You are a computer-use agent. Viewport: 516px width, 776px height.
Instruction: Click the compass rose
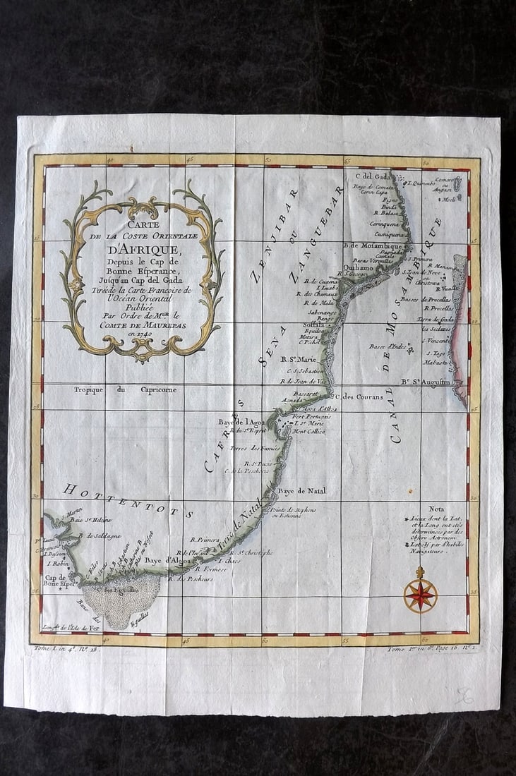(x=420, y=595)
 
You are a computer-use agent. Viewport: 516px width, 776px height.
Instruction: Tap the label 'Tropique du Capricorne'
(x=126, y=389)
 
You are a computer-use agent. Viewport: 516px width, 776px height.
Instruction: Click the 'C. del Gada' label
(x=372, y=176)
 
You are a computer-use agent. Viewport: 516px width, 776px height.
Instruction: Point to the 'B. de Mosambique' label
(x=372, y=245)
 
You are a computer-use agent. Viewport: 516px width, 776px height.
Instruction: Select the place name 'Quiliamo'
(x=359, y=267)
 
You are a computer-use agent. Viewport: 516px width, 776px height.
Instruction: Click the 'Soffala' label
(x=313, y=325)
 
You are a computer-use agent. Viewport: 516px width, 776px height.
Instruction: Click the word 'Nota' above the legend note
(x=438, y=509)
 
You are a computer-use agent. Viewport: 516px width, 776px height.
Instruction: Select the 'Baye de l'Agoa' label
(x=241, y=422)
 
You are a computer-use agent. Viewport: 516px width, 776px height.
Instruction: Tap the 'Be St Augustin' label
(x=426, y=383)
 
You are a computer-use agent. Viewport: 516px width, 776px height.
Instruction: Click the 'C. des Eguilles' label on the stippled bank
(x=114, y=590)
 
